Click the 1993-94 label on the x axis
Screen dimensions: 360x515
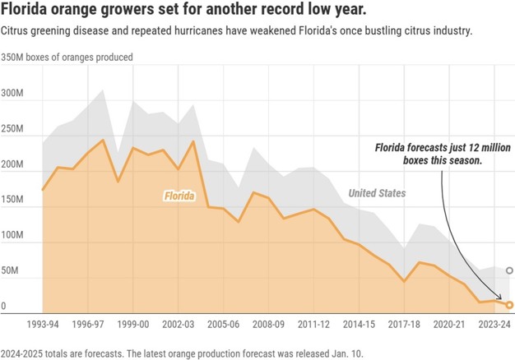(43, 324)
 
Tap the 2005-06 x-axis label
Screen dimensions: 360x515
(222, 324)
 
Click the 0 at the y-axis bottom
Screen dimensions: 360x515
(3, 306)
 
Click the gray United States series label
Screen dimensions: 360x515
(377, 193)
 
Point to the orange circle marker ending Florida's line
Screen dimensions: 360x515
(510, 305)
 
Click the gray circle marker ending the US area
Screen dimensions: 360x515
(510, 270)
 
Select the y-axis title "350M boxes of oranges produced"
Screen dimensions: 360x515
(67, 58)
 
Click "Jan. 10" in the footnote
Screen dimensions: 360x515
(341, 353)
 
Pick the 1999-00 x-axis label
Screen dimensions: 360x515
(132, 324)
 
